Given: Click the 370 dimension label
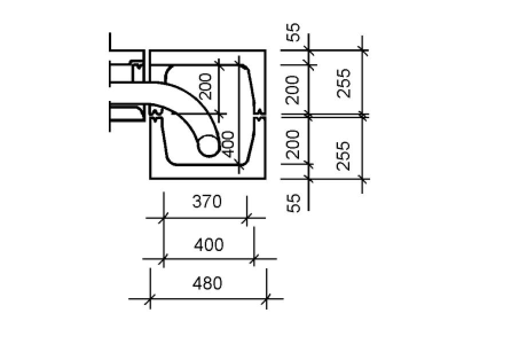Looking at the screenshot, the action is [x=207, y=201].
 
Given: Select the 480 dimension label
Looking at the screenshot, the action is [x=207, y=283].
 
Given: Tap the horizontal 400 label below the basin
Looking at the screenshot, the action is [x=209, y=245].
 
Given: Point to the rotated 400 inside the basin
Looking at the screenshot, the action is [x=228, y=144].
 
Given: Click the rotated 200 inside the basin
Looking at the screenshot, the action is [x=206, y=87].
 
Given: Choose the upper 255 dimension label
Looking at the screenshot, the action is [x=344, y=83].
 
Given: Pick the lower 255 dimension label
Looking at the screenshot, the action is [x=344, y=156].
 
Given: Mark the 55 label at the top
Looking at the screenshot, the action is [x=293, y=32].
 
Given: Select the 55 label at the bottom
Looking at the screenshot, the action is [x=293, y=203].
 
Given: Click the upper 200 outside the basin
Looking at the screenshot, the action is [x=293, y=90].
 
